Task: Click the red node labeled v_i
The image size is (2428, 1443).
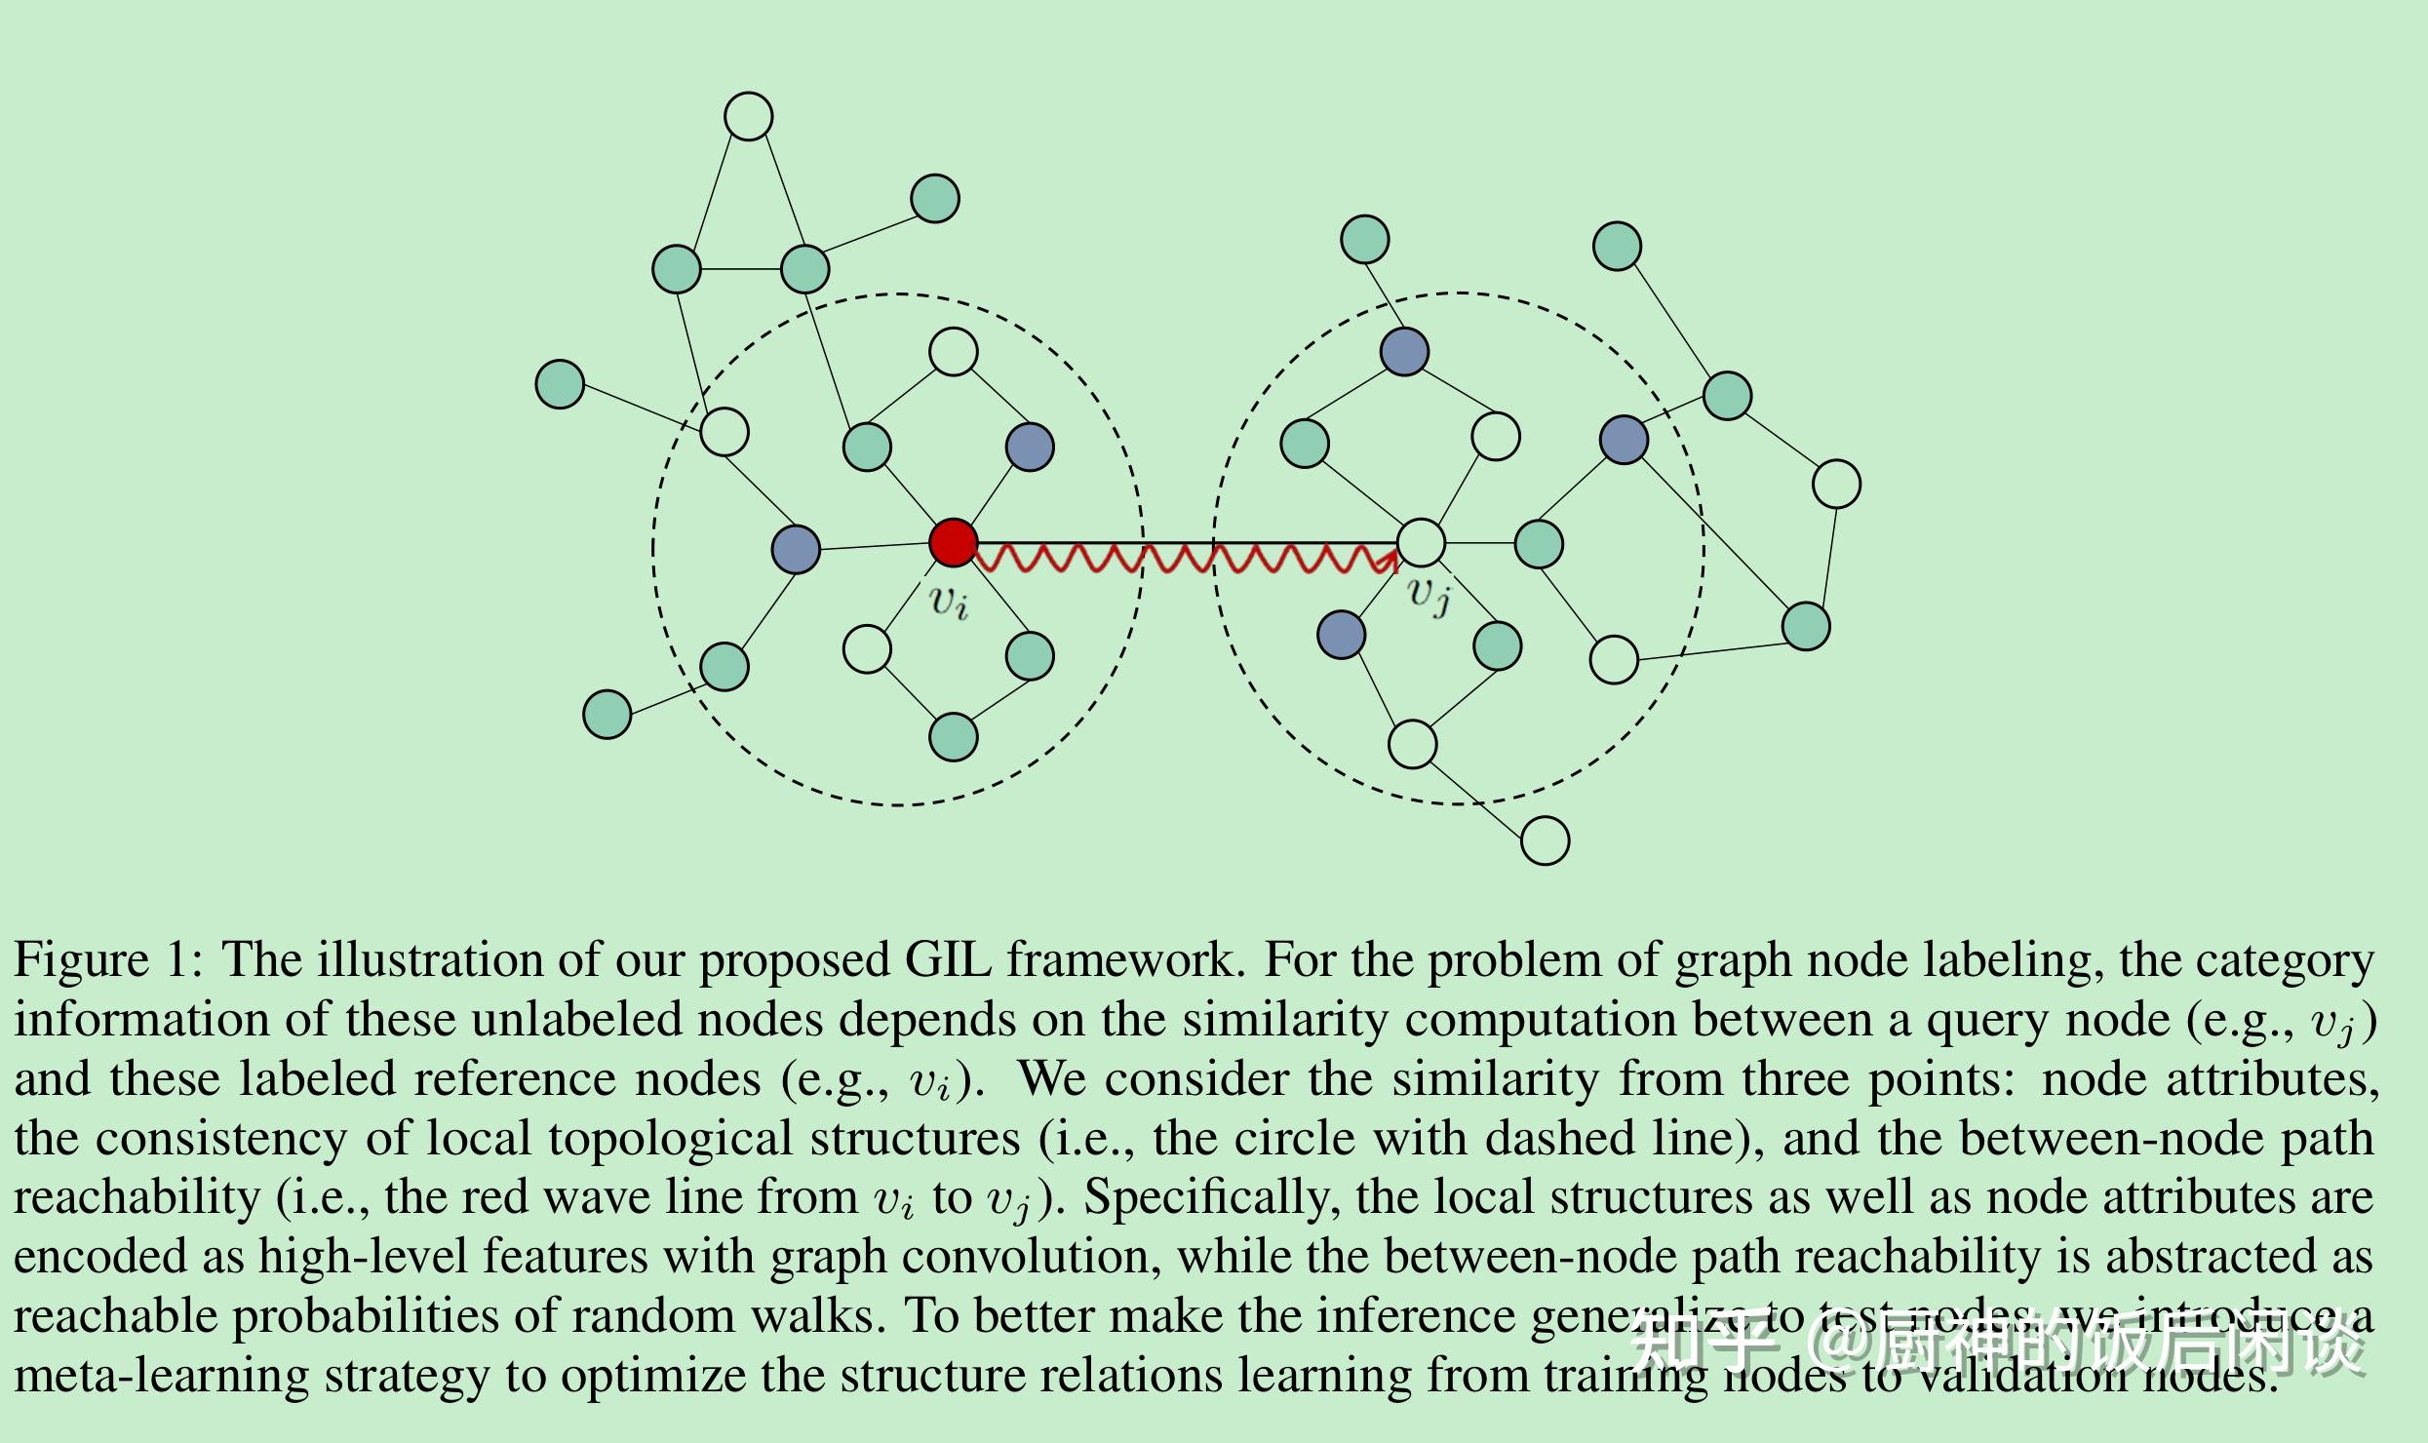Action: pos(953,543)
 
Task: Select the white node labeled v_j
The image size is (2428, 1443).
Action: pos(1421,543)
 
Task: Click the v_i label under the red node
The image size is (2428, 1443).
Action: pos(949,601)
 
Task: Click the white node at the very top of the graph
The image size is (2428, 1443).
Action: pos(748,117)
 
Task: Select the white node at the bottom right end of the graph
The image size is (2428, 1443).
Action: pos(1545,840)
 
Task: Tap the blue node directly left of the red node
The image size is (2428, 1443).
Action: pos(796,549)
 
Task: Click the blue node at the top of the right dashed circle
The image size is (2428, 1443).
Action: pos(1404,352)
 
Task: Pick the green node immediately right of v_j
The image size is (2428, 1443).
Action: pos(1539,543)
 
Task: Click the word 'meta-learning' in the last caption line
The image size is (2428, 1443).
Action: pos(161,1376)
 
